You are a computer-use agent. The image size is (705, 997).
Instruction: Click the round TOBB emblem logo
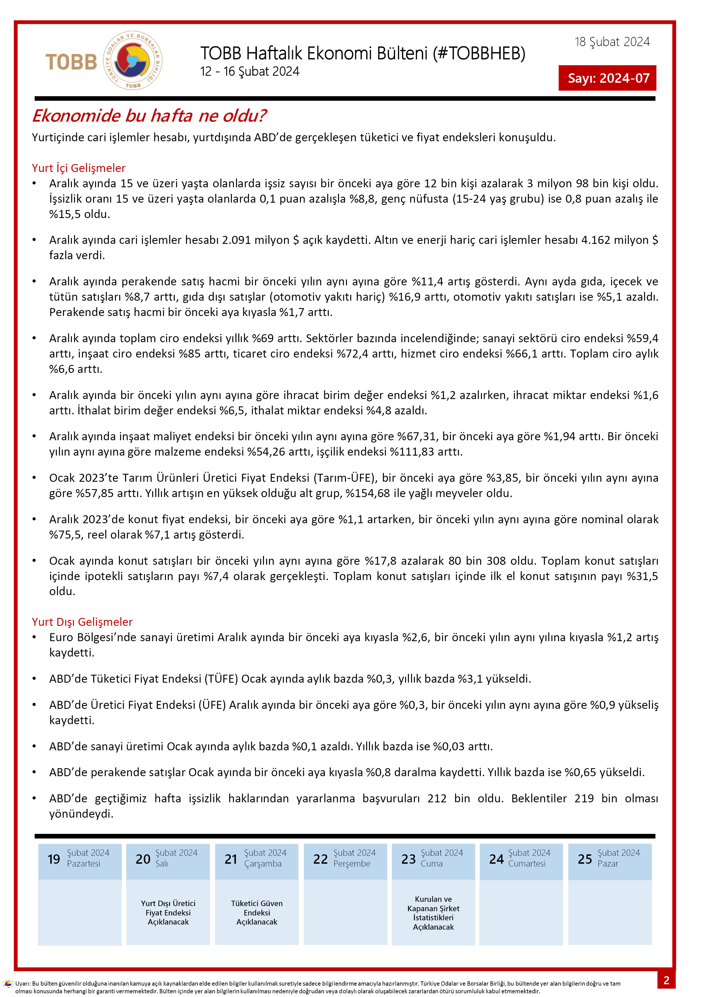[x=132, y=60]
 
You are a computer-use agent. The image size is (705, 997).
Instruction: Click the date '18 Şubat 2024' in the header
[x=612, y=42]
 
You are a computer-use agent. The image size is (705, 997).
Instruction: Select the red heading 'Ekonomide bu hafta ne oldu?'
[x=149, y=116]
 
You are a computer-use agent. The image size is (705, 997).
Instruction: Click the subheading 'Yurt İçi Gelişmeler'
[x=79, y=168]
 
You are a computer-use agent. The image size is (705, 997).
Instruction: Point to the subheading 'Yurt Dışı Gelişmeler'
[x=82, y=622]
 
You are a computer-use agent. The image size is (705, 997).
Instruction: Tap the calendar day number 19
[x=54, y=859]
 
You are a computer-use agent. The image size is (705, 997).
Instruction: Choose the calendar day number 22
[x=320, y=859]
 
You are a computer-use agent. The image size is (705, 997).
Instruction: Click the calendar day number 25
[x=585, y=859]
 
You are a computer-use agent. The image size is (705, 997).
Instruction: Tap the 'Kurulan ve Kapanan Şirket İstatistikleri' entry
[x=433, y=913]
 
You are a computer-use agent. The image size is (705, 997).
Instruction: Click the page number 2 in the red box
[x=666, y=980]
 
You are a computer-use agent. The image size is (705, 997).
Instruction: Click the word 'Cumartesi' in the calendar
[x=527, y=864]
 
